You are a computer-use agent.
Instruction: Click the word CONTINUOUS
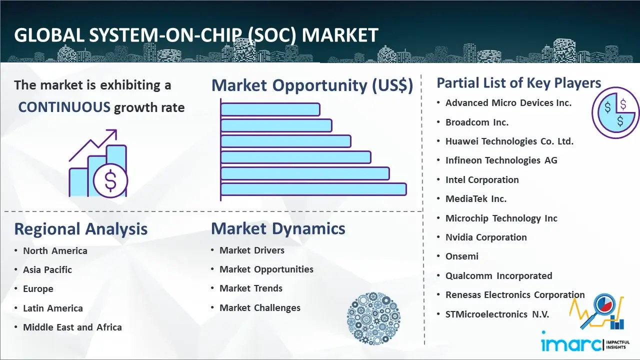(x=64, y=107)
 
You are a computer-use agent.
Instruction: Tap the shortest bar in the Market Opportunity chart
(x=270, y=109)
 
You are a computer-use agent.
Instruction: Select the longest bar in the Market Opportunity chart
(x=313, y=189)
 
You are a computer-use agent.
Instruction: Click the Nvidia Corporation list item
(x=486, y=237)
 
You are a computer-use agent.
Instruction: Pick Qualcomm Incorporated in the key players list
(x=499, y=275)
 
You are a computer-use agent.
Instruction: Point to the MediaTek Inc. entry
(x=476, y=198)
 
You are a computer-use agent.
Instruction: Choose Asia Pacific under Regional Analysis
(x=47, y=269)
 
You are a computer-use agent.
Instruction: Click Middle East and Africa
(x=72, y=327)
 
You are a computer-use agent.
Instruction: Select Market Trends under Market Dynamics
(x=251, y=288)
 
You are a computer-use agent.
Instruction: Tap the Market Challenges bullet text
(x=260, y=307)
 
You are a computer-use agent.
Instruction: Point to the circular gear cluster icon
(x=373, y=318)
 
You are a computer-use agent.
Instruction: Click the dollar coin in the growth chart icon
(x=110, y=180)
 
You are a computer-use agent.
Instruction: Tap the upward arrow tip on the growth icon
(x=116, y=130)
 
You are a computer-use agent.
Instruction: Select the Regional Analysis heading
(x=81, y=229)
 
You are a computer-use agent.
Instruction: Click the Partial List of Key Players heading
(x=519, y=83)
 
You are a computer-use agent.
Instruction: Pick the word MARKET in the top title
(x=340, y=35)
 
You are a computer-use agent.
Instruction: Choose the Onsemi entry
(x=461, y=256)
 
